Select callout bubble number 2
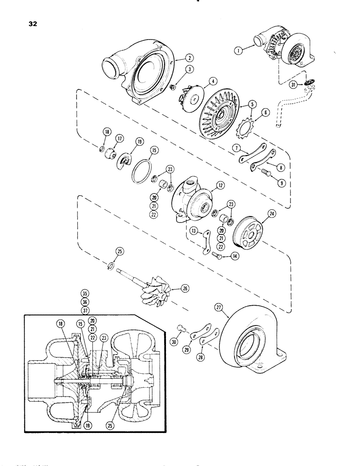tap(188, 59)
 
